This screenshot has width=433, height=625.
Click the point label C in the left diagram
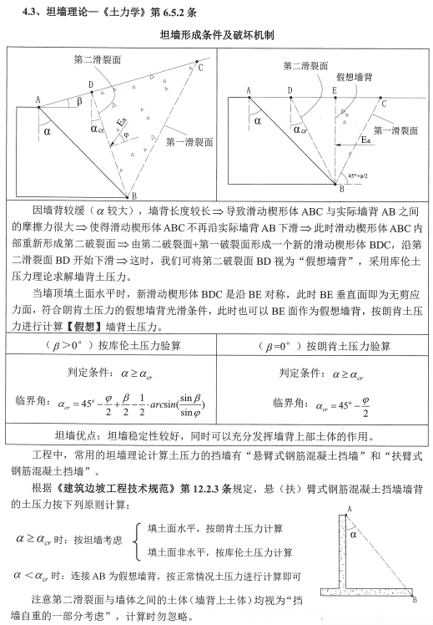200,66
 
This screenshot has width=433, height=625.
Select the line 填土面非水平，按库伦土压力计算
219,552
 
